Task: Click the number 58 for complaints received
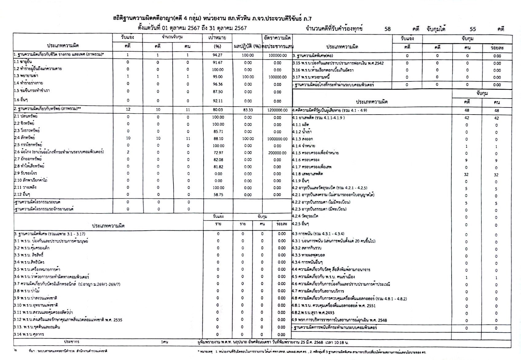pos(387,29)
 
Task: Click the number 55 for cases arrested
pos(473,29)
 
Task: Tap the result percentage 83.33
pos(248,110)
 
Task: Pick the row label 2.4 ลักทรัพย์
pos(25,138)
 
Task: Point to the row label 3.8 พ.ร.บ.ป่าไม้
pos(27,291)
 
